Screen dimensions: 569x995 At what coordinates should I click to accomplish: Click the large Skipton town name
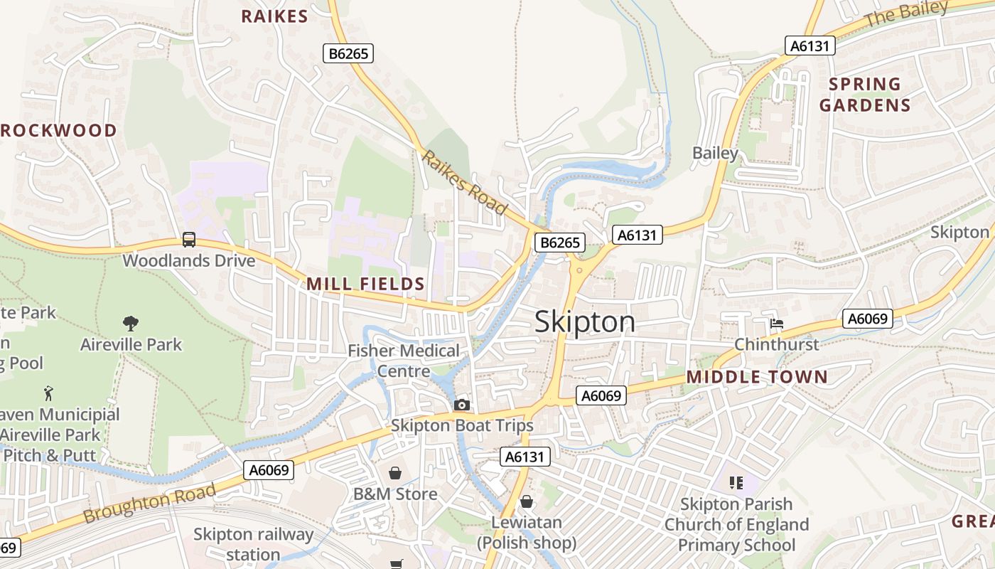click(584, 322)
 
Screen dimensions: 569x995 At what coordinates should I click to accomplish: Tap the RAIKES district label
click(274, 16)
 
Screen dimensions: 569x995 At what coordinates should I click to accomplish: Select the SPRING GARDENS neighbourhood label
click(864, 95)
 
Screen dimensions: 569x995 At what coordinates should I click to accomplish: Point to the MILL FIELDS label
click(365, 284)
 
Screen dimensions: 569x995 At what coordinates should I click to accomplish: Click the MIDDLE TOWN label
click(757, 377)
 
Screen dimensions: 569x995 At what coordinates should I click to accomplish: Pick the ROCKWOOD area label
click(58, 130)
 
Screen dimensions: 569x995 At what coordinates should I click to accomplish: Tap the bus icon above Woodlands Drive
click(188, 240)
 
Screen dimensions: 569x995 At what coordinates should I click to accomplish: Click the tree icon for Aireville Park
click(130, 324)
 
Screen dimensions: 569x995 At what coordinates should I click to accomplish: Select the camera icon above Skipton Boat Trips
click(462, 405)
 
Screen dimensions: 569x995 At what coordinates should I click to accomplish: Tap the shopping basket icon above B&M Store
click(395, 473)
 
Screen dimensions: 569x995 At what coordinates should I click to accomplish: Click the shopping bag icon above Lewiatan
click(527, 502)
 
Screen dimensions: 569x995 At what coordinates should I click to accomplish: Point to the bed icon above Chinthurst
click(777, 324)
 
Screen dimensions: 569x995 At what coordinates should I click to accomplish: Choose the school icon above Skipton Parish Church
click(736, 484)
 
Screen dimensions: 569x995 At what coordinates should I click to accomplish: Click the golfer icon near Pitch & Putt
click(48, 393)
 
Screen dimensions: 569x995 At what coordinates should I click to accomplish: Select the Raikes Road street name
click(464, 182)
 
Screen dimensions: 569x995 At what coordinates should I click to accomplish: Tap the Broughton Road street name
click(149, 504)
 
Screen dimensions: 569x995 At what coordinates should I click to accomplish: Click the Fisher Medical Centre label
click(404, 361)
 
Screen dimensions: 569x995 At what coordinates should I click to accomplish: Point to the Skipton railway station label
click(253, 544)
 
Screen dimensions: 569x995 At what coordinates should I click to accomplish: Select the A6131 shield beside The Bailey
click(810, 46)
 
